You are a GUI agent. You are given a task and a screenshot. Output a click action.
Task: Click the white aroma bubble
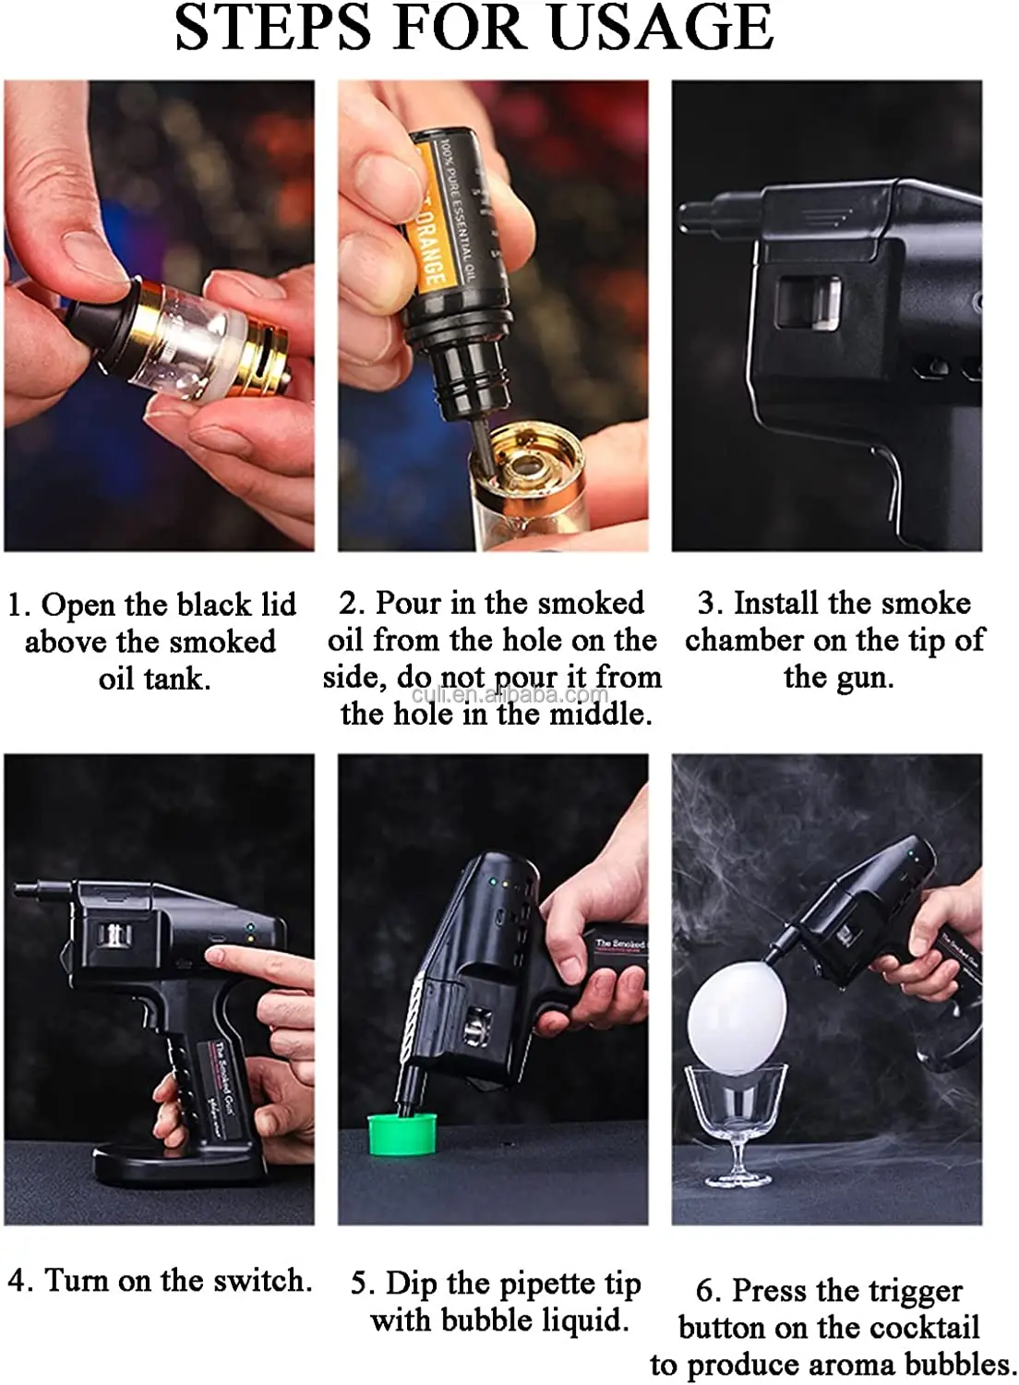click(x=737, y=1022)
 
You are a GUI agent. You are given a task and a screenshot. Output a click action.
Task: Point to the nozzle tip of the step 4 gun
click(x=26, y=891)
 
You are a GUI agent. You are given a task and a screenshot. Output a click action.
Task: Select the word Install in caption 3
click(x=776, y=603)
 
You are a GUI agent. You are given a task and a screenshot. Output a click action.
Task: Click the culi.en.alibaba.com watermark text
click(x=509, y=695)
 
